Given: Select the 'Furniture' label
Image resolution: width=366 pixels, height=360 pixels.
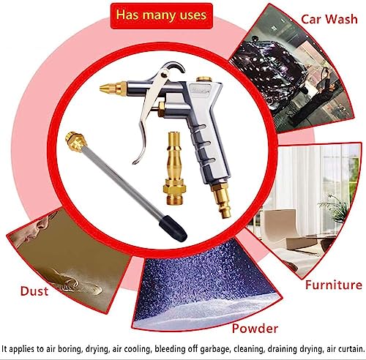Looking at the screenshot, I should (x=333, y=285).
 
